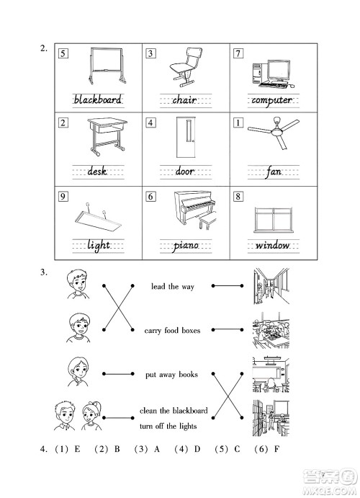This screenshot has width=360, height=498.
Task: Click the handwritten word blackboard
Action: [98, 99]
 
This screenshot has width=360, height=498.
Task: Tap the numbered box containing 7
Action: [238, 53]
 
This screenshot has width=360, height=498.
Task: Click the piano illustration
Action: [195, 210]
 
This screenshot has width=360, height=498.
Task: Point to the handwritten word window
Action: [273, 245]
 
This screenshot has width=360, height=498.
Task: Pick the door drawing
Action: [186, 137]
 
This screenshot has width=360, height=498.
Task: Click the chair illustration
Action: [186, 67]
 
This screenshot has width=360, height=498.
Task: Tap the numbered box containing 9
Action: [63, 196]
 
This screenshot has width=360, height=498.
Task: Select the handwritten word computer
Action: [272, 100]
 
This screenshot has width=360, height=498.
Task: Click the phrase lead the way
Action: [173, 287]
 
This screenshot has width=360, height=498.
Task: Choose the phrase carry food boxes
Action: [172, 330]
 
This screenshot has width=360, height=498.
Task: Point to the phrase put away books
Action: [171, 375]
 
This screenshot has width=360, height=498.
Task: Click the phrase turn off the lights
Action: [168, 426]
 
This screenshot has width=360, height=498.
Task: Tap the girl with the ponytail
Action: [91, 415]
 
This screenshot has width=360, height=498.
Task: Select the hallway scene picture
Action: [271, 286]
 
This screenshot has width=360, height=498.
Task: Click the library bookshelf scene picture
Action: [271, 418]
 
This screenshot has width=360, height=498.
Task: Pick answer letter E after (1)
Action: [77, 449]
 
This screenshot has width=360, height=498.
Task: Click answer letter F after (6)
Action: [276, 449]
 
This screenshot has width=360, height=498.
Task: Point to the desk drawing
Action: [107, 136]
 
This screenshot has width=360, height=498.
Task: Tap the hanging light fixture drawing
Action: [98, 218]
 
